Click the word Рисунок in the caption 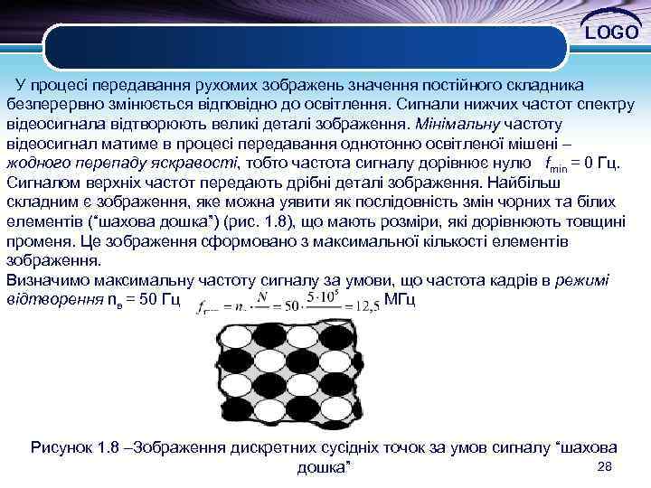[x=62, y=446]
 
